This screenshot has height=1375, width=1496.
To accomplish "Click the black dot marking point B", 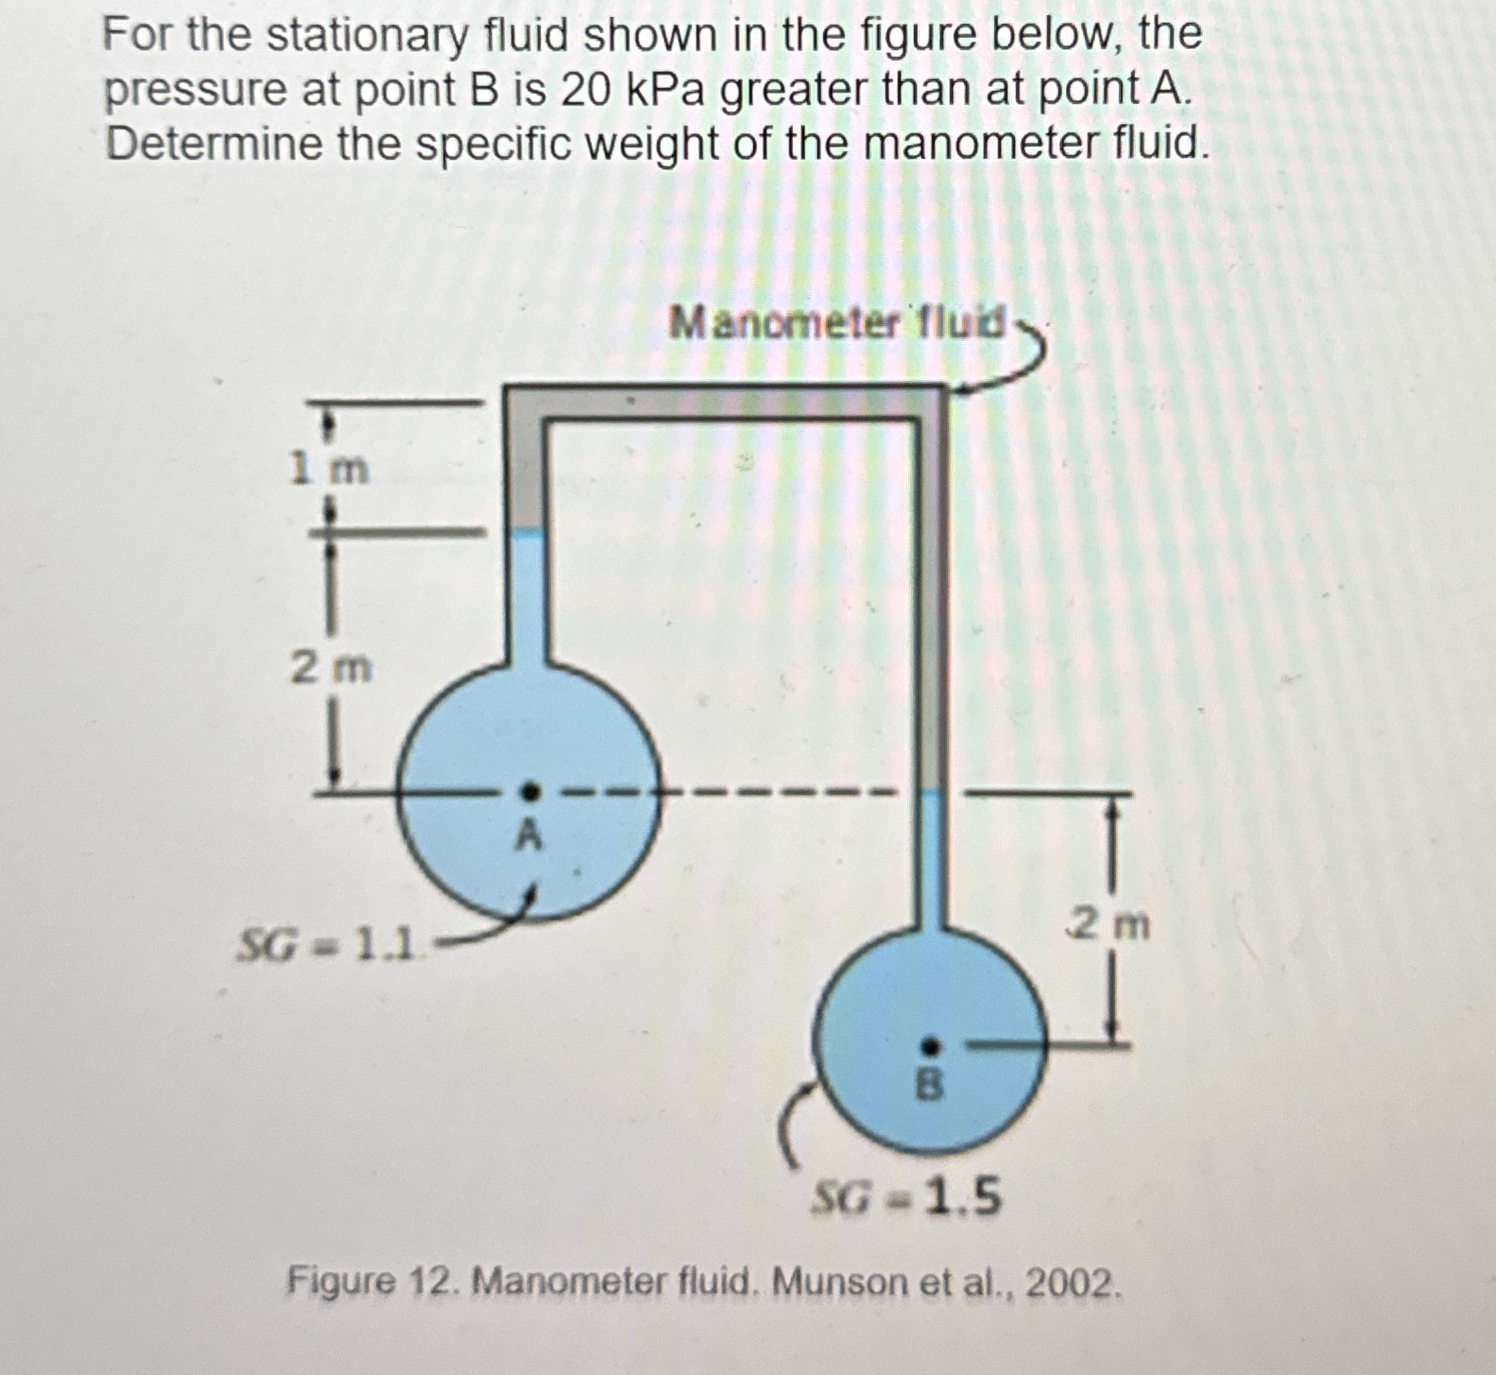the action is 930,1046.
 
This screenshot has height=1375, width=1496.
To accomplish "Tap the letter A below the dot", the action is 530,834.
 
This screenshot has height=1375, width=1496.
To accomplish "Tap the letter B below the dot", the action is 930,1087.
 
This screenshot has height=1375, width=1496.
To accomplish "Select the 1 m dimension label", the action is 330,468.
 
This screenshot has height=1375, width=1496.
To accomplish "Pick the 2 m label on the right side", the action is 1109,923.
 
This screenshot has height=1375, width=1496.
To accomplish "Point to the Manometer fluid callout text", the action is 836,324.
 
